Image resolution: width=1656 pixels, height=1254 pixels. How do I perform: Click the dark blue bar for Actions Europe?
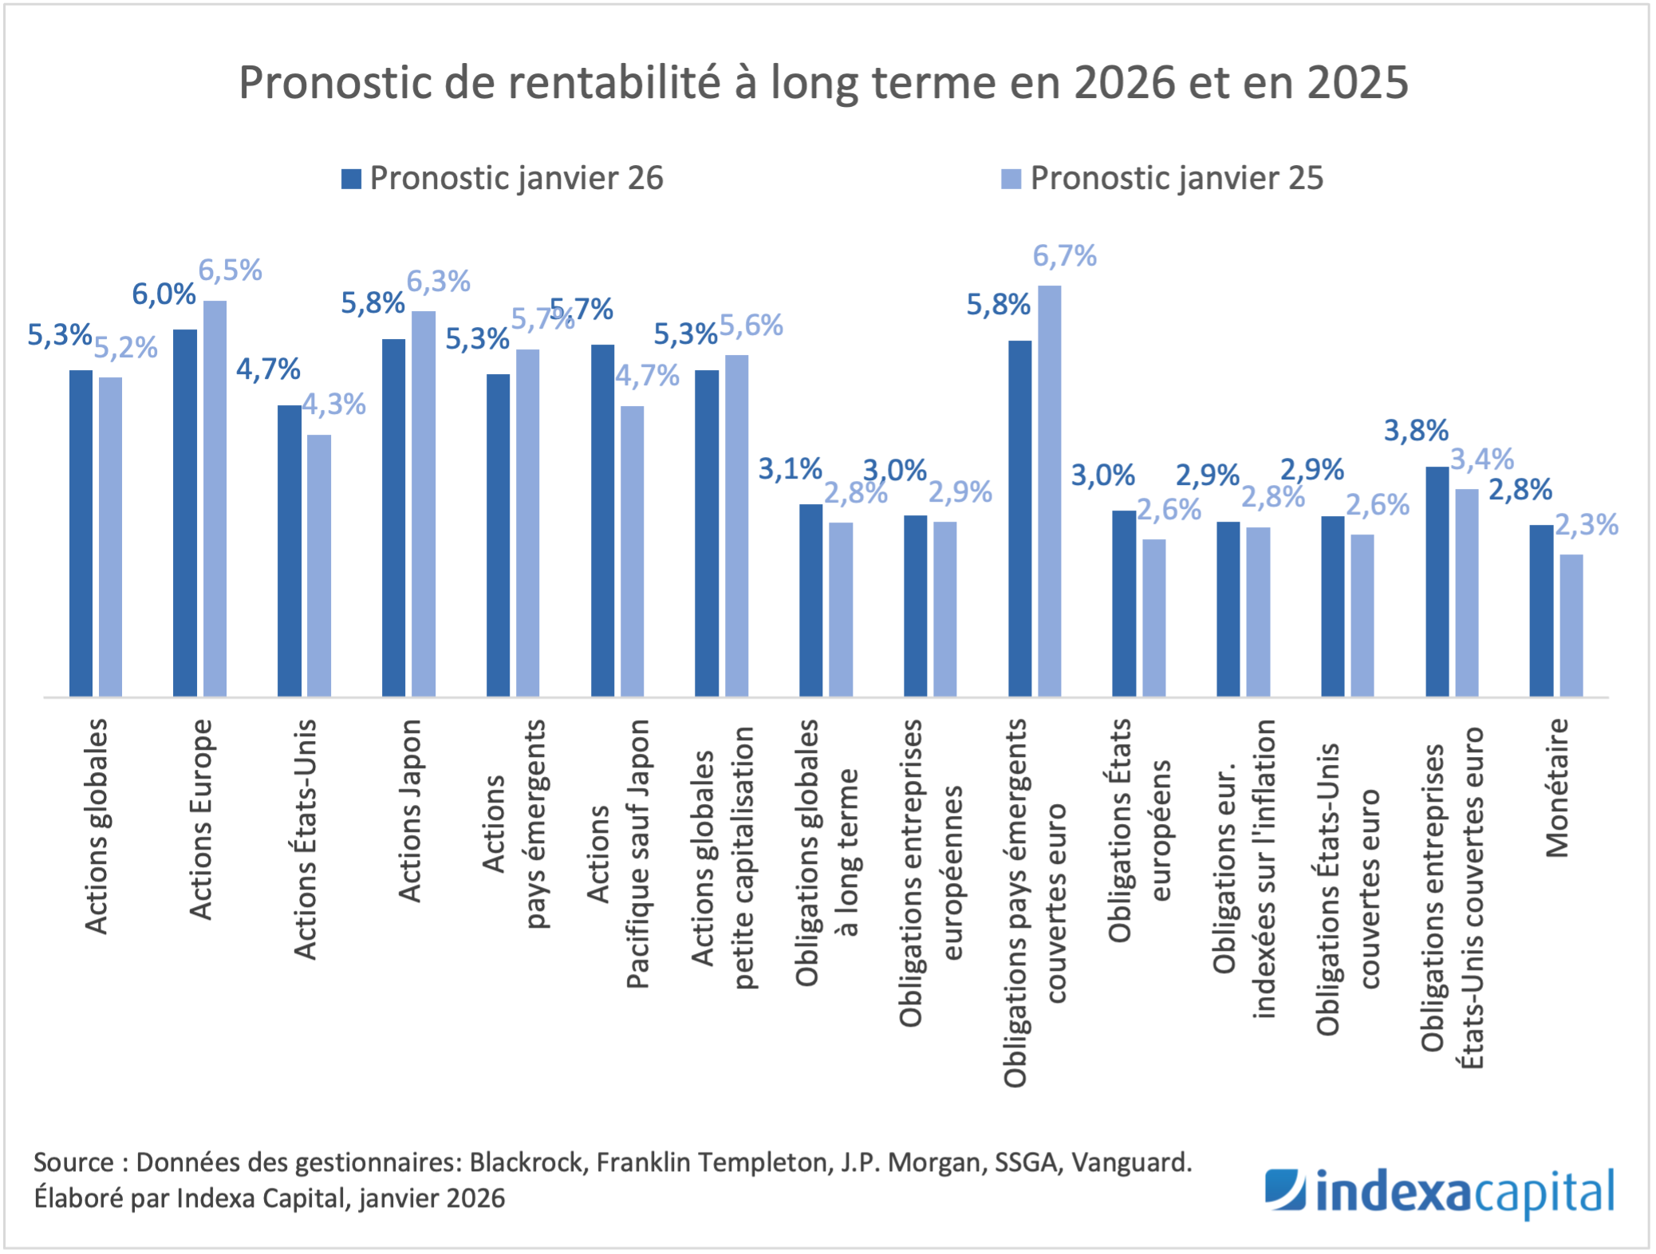point(185,513)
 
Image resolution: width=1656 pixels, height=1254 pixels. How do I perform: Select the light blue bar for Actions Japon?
point(424,503)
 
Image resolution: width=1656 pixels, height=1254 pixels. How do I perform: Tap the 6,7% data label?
point(1064,256)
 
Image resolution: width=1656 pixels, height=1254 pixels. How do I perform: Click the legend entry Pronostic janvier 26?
point(503,178)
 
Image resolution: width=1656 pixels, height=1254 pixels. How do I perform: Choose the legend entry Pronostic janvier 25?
point(1163,178)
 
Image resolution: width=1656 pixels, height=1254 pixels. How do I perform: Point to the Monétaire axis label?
point(1556,788)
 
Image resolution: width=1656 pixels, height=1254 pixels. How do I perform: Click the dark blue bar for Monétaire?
point(1541,610)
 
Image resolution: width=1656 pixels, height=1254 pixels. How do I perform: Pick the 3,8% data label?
point(1415,431)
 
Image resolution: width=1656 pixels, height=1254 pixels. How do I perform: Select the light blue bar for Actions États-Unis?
point(319,566)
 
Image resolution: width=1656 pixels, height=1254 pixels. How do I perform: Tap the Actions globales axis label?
point(96,826)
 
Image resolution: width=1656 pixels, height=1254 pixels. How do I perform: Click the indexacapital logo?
point(1439,1193)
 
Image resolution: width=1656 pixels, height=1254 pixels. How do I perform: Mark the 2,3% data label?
point(1586,525)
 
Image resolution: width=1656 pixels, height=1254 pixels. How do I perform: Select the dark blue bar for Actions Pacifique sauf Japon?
point(602,520)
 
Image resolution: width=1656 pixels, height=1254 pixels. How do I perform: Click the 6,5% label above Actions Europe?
point(230,270)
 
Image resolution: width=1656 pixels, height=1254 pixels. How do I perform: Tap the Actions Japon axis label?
point(409,810)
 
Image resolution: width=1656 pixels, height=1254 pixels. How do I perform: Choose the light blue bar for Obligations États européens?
point(1153,617)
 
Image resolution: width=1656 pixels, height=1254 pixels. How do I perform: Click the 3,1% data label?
point(789,469)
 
